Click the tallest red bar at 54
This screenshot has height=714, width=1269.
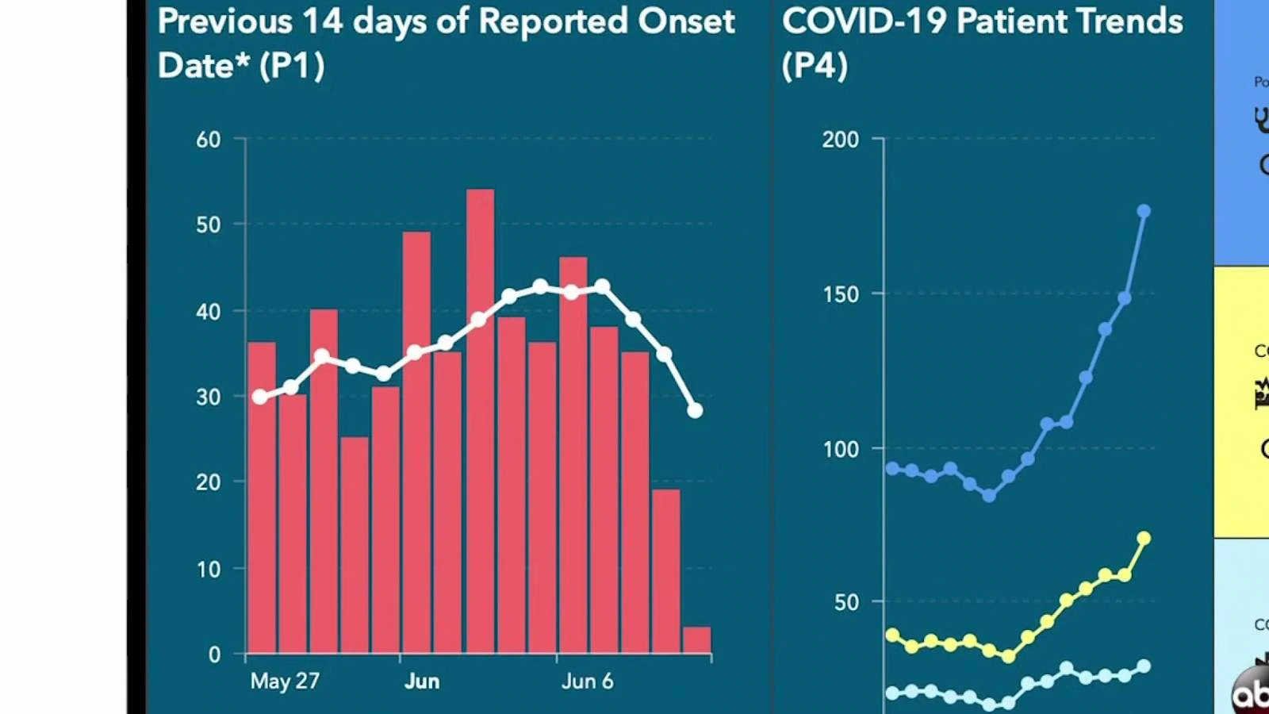tap(480, 420)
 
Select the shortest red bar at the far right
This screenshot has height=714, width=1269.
tap(697, 640)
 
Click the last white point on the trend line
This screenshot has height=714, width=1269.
tap(695, 411)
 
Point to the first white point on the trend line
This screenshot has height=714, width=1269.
tap(260, 397)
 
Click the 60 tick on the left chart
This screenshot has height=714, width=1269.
tap(209, 140)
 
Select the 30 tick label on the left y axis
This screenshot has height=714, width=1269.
tap(209, 397)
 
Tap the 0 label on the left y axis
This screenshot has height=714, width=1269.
tap(214, 654)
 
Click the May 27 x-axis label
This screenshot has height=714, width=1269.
tap(285, 681)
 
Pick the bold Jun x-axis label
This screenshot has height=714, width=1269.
tap(422, 681)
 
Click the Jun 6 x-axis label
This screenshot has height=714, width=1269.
tap(587, 681)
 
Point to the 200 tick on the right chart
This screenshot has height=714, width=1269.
tap(841, 140)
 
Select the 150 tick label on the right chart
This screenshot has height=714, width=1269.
tap(841, 294)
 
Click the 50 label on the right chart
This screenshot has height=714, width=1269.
tap(846, 602)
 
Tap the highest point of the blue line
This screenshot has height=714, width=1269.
tap(1144, 211)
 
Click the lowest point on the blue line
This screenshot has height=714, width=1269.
tap(989, 496)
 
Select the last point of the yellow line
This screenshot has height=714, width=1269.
tap(1144, 539)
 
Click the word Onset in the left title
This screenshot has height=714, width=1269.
tap(686, 21)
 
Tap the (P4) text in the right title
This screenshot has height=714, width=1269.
tap(815, 65)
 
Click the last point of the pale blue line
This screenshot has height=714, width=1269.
tap(1144, 666)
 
